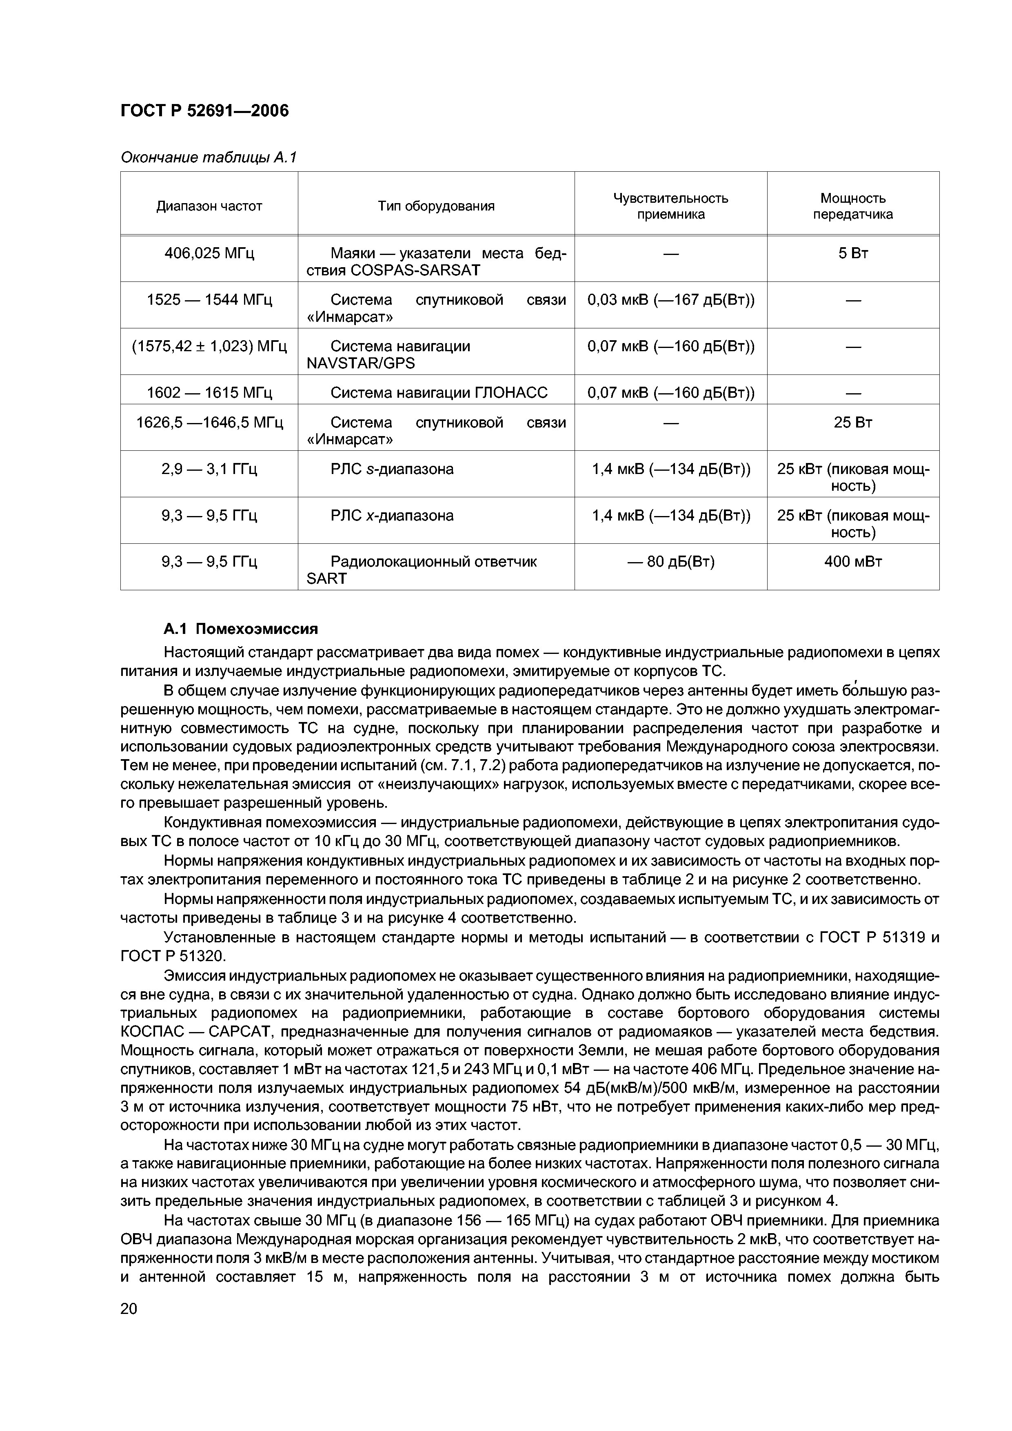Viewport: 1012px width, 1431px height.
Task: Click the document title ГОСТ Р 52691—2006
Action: [x=204, y=111]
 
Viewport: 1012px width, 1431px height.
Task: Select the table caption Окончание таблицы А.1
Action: [x=208, y=158]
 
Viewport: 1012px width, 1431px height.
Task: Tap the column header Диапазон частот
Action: [x=209, y=206]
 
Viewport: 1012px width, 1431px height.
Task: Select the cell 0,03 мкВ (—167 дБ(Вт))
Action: [x=670, y=300]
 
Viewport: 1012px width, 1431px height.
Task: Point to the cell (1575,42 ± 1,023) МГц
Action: [x=209, y=346]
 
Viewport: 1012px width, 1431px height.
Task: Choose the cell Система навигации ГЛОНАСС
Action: [x=438, y=393]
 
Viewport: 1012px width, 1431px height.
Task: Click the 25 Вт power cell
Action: [x=852, y=423]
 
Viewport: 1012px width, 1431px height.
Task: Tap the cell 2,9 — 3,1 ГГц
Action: [x=209, y=469]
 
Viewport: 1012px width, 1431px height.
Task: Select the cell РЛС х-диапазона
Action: [x=392, y=516]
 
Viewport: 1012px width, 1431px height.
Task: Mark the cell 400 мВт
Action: [x=852, y=562]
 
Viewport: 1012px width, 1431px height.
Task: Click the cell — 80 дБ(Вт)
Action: [x=670, y=562]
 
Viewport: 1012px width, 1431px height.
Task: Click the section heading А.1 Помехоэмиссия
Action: [x=241, y=629]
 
